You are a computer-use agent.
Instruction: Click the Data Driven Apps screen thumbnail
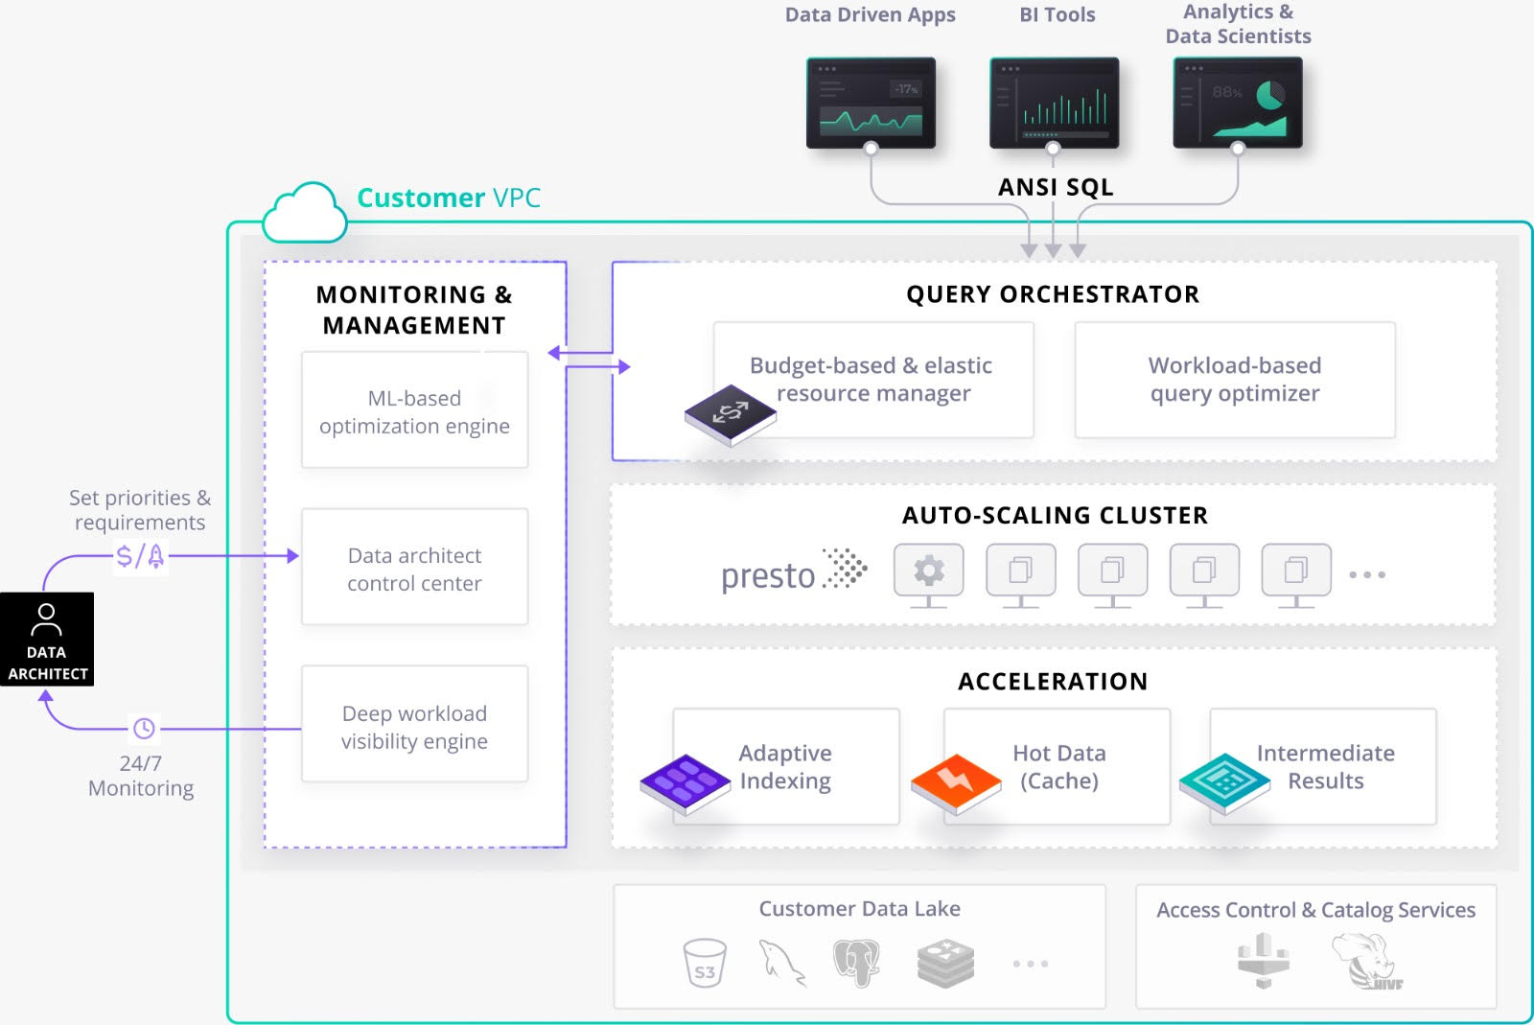coord(871,103)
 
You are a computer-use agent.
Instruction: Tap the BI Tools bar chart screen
coord(1054,103)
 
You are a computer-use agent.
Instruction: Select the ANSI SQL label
coord(1056,187)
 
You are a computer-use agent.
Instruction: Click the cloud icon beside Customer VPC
coord(305,214)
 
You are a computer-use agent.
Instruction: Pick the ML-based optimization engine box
coord(414,410)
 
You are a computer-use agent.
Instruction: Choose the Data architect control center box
coord(414,568)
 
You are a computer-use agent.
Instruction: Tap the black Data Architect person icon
coord(46,639)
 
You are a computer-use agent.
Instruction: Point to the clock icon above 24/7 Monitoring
coord(144,729)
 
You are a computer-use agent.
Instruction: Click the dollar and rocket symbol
coord(140,556)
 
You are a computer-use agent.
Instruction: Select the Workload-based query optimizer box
coord(1234,380)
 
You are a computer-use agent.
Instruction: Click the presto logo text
coord(768,575)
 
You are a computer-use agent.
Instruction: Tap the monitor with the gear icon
coord(928,573)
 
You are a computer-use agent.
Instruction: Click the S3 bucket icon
coord(705,963)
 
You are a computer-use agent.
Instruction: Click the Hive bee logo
coord(1364,962)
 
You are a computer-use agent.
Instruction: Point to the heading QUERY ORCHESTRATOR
coord(1053,294)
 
